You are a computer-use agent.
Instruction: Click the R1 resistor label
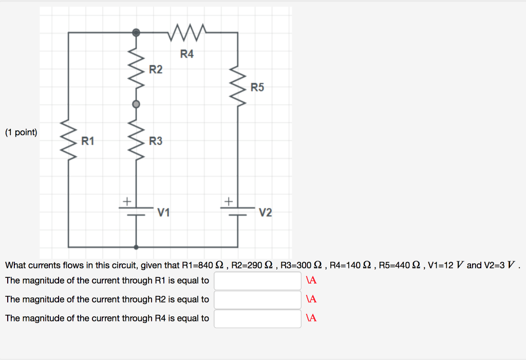88,141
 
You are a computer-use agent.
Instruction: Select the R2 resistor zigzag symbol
136,68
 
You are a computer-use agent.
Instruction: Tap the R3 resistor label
156,141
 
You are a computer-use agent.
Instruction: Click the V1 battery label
164,212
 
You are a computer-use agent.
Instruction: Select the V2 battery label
266,212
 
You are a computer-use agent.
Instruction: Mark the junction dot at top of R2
136,32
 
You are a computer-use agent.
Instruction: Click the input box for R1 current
257,281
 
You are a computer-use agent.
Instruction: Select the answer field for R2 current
257,299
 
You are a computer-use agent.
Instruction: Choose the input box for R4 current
257,318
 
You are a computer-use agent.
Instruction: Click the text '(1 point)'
21,132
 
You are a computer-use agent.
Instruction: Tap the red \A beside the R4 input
311,318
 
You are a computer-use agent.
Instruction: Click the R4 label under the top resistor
187,54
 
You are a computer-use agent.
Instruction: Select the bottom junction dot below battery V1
136,247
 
